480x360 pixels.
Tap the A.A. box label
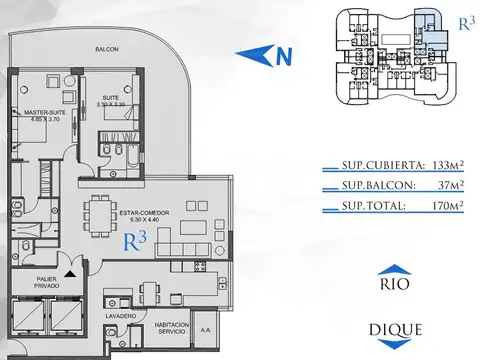point(206,328)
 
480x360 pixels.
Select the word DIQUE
point(395,329)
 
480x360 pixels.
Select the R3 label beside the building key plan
point(464,25)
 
